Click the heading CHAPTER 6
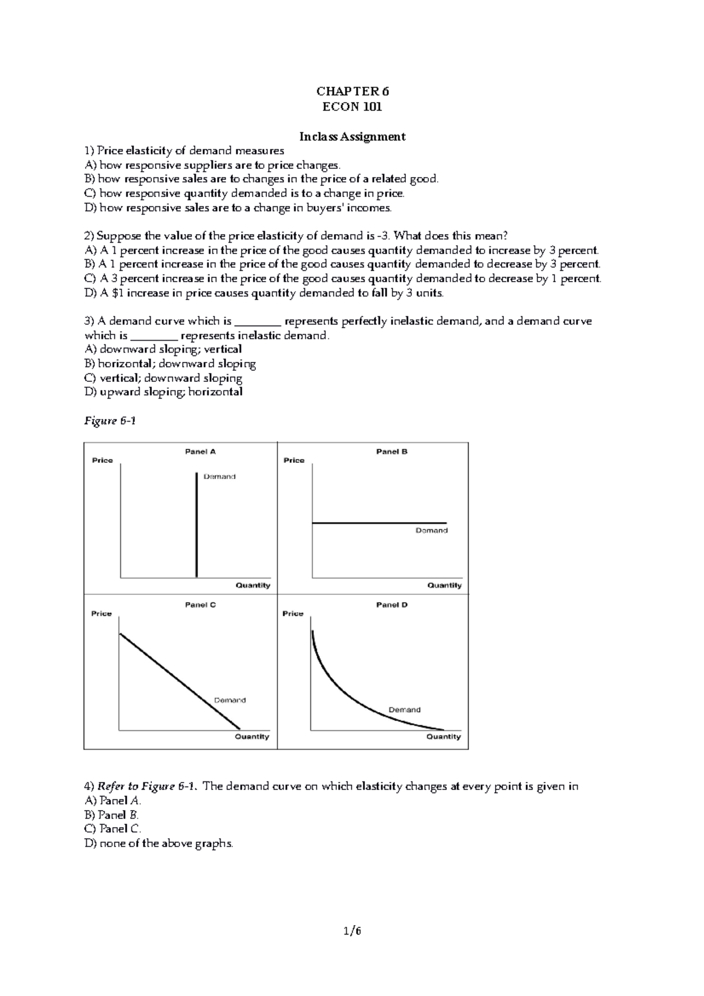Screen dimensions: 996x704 tap(352, 92)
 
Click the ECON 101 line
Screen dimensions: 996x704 tap(352, 107)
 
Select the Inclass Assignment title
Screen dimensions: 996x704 tap(352, 137)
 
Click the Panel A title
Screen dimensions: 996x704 tap(200, 452)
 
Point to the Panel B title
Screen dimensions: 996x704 tap(391, 452)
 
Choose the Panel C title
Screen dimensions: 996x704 tap(200, 605)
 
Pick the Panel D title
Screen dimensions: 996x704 tap(391, 605)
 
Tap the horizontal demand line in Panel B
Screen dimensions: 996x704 tap(379, 523)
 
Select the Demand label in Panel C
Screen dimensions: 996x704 tap(229, 700)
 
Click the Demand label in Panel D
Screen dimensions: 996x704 tap(404, 710)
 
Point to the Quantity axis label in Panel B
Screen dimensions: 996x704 tap(444, 585)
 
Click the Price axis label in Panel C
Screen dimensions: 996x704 tap(101, 614)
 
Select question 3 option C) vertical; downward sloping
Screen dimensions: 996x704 tap(163, 378)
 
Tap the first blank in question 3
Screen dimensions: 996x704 tap(258, 321)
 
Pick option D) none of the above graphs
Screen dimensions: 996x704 tap(158, 843)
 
